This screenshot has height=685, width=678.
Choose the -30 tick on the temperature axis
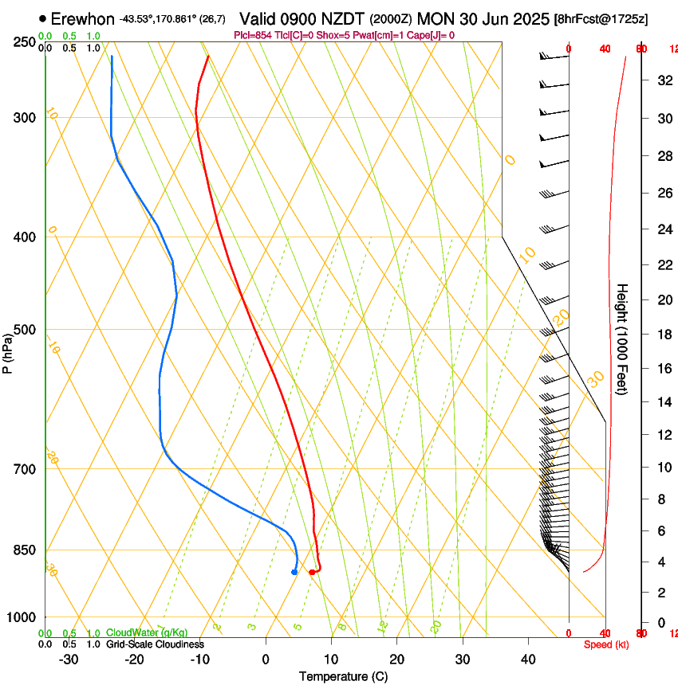point(69,660)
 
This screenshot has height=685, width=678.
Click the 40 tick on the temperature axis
point(528,660)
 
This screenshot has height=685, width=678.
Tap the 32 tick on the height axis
point(663,80)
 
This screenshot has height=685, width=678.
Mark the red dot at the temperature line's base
point(312,572)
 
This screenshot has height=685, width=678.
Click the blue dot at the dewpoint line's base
point(294,572)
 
